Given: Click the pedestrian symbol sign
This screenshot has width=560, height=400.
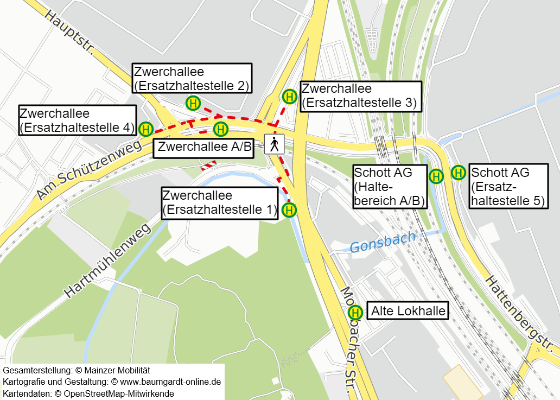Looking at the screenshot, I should coord(275,144).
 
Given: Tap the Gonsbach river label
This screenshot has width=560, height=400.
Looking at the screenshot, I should coord(383,242).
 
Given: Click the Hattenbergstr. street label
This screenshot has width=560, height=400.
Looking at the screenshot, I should coord(520,315).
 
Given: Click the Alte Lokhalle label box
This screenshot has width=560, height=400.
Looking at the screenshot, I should coord(408,311).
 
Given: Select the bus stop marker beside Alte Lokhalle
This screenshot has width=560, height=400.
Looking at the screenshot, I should coord(355,312).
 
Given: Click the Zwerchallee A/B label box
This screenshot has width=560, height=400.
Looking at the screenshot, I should coord(204,147).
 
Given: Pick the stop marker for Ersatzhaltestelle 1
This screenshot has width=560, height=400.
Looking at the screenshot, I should coord(289,209).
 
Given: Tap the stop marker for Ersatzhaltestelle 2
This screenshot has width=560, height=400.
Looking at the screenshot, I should coord(193,103).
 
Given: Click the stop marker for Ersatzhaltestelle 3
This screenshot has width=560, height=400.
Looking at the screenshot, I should coord(290,97).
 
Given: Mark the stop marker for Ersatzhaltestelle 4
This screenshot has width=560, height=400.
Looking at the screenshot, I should coord(146,129).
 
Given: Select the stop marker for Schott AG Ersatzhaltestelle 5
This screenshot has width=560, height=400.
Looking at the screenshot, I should coord(459,173).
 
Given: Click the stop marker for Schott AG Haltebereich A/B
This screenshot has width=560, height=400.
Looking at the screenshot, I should coord(436,176).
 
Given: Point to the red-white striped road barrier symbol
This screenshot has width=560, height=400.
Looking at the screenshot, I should coord(209,164).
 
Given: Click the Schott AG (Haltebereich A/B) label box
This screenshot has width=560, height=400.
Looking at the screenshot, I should coord(389,187).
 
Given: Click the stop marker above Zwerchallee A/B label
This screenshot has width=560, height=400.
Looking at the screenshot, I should coord(220,129).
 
